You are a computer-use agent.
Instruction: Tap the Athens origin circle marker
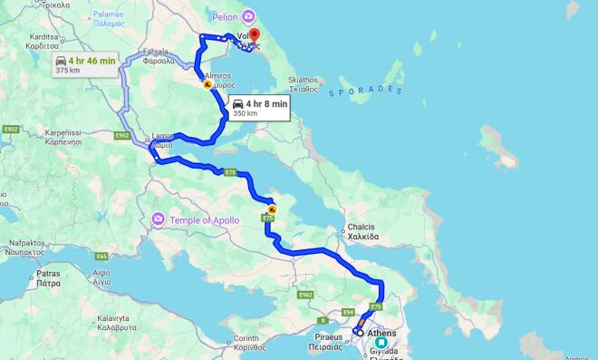click(x=359, y=333)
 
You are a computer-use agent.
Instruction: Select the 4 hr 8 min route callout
click(x=259, y=108)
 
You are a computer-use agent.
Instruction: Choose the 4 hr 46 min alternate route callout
click(x=85, y=64)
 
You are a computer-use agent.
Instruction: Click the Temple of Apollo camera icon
click(x=159, y=219)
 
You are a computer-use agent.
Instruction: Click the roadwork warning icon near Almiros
click(x=207, y=84)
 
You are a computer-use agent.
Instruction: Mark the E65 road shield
click(x=101, y=257)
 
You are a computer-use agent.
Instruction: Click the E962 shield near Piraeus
click(x=305, y=295)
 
